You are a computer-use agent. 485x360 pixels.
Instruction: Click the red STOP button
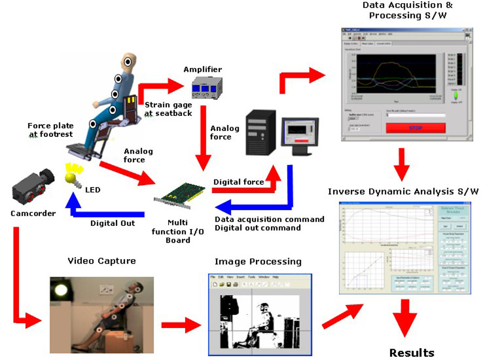point(415,128)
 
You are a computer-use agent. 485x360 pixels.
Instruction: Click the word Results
point(412,353)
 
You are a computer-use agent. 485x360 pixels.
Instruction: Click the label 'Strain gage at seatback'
point(169,109)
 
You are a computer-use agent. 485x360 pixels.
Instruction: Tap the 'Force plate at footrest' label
point(50,130)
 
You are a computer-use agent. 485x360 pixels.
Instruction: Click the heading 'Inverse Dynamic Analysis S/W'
point(403,191)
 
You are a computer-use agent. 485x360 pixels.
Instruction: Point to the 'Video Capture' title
point(101,261)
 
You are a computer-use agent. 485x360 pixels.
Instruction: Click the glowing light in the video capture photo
point(59,292)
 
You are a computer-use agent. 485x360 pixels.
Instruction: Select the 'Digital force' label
point(238,182)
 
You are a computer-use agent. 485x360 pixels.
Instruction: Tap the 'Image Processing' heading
point(258,261)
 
